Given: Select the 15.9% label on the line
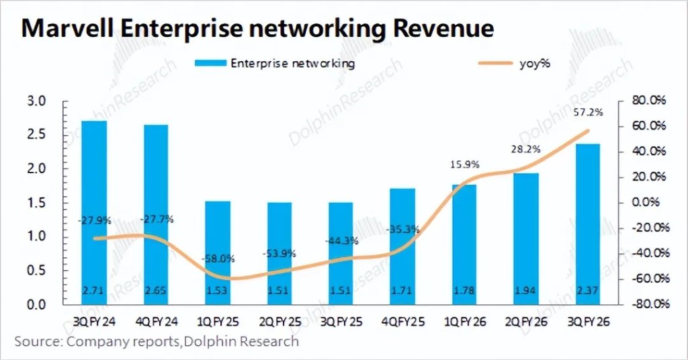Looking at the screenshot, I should pos(466,163).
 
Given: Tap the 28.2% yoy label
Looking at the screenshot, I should pos(527,149).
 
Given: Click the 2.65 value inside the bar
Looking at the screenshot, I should pos(156,291).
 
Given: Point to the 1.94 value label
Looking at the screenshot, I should pos(526,291).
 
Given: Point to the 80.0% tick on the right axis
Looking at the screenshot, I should pos(648,101).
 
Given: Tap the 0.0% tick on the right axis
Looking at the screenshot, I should pos(649,202).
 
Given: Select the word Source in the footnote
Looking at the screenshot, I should pos(37,342).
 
